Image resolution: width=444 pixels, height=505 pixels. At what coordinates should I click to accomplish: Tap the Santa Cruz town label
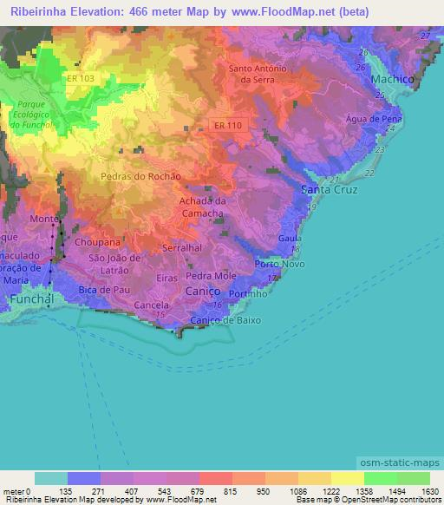(328, 189)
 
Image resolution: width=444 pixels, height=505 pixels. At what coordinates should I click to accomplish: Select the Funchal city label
(33, 299)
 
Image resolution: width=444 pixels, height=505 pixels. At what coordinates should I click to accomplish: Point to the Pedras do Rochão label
(140, 175)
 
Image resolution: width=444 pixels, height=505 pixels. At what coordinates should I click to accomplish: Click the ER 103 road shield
(79, 78)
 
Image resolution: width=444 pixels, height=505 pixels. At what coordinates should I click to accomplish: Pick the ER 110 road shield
(229, 126)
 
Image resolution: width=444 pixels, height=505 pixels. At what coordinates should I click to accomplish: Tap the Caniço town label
(204, 292)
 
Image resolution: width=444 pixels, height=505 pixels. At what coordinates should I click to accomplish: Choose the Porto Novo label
(277, 264)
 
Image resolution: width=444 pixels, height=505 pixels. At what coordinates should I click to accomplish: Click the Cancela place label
(151, 306)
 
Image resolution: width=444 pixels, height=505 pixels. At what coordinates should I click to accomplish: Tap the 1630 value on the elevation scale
(429, 491)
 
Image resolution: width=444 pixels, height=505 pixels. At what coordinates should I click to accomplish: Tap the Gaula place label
(290, 237)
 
